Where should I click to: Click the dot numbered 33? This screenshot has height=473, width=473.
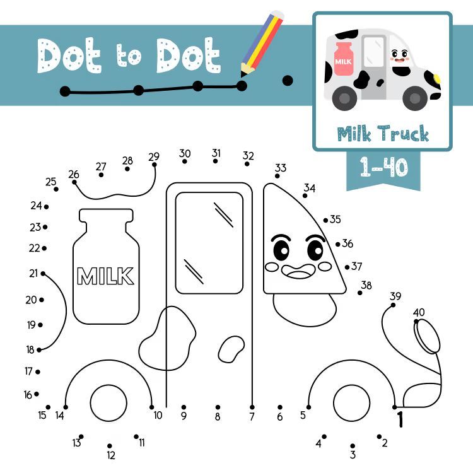[277, 176]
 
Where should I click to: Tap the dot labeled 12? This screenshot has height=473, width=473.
[110, 446]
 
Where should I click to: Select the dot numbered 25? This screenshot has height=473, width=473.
[56, 189]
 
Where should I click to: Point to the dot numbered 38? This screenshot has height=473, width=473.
[360, 293]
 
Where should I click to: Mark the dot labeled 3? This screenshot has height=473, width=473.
[353, 446]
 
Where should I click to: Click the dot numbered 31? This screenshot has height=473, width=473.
[215, 161]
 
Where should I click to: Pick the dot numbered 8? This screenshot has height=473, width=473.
[218, 407]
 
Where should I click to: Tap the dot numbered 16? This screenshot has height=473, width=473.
[37, 394]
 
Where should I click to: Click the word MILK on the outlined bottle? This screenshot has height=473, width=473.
[105, 276]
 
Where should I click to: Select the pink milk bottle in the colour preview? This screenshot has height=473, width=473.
[343, 59]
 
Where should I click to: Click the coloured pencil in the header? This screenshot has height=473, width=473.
[262, 43]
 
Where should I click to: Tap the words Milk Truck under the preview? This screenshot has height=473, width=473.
[383, 133]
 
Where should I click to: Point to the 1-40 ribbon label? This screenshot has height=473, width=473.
[383, 166]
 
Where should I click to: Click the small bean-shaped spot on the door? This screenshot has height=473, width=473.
[231, 349]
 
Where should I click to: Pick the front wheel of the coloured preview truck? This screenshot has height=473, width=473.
[415, 98]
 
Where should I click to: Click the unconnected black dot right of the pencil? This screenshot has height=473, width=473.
[288, 81]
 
